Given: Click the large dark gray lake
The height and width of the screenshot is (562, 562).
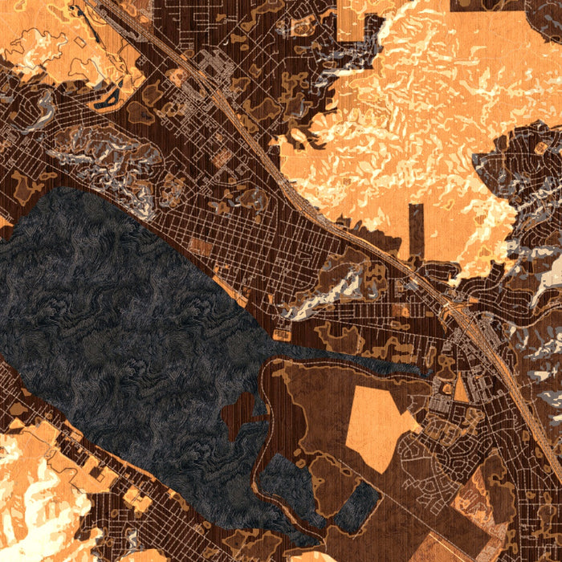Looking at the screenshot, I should (120, 321).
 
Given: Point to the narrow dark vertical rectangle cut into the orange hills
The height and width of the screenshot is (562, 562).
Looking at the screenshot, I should (415, 229).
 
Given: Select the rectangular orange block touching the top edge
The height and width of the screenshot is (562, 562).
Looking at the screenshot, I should (353, 20).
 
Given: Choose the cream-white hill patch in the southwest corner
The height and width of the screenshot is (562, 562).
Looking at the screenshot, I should (32, 506).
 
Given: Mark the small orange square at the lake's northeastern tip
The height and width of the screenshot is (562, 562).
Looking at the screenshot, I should (282, 333).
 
